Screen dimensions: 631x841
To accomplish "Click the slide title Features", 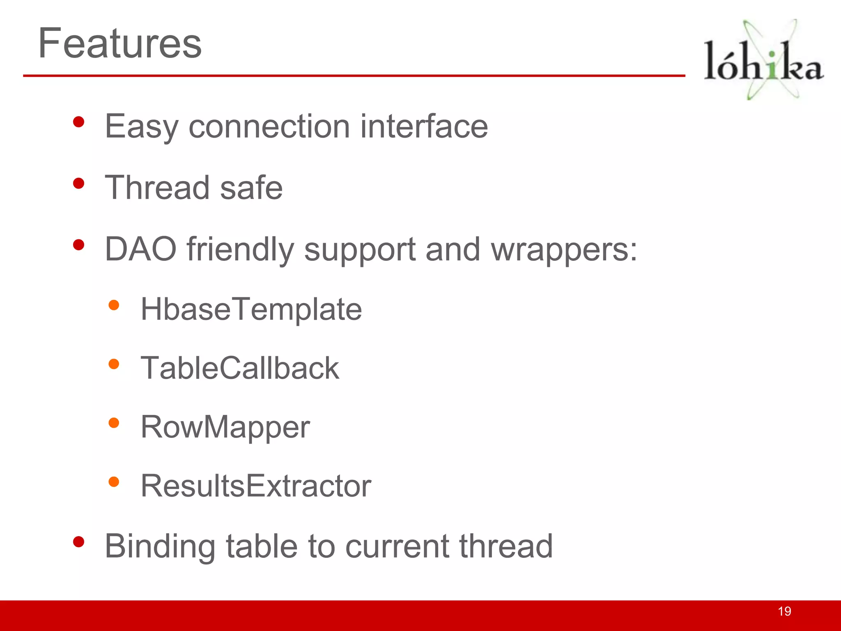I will [x=119, y=43].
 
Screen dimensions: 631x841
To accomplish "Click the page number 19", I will [x=784, y=611].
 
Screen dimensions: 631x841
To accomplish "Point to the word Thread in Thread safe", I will [x=157, y=188].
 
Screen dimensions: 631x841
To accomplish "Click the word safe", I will [x=251, y=188].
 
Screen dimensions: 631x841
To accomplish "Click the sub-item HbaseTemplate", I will [x=251, y=309].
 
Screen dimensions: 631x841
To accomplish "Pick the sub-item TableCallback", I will [x=240, y=368].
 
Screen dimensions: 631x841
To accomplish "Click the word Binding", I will [x=160, y=547].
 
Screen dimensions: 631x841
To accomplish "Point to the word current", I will [x=397, y=547].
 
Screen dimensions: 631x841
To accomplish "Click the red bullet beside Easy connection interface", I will [x=78, y=122].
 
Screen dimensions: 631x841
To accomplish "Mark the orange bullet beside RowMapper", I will [x=114, y=423].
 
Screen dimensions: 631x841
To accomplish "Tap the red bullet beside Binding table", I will [x=78, y=542].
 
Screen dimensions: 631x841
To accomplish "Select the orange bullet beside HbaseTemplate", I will [x=114, y=305].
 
